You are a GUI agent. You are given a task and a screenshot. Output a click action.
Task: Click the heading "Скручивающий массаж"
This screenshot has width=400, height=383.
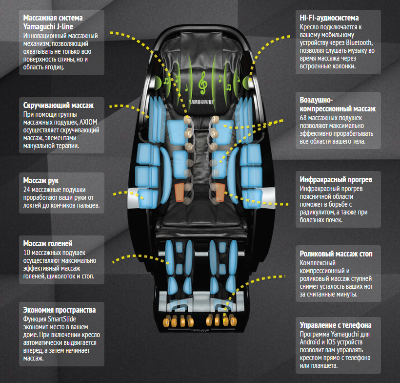(58, 105)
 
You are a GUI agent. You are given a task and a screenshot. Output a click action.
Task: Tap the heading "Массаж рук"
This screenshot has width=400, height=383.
(44, 180)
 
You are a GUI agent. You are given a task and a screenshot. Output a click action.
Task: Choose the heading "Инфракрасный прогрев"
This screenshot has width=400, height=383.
(336, 179)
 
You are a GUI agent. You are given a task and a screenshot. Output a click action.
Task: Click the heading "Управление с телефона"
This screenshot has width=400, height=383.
(336, 325)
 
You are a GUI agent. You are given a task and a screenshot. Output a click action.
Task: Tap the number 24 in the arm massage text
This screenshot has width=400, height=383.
(27, 189)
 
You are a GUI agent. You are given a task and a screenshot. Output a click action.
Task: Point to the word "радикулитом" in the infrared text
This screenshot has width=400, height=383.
(319, 213)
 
